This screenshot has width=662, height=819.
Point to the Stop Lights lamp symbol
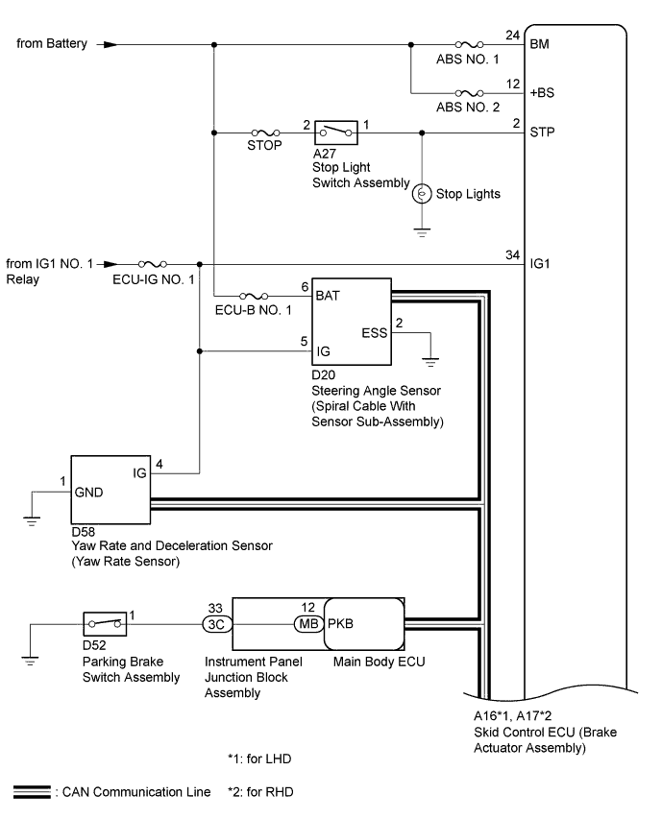pos(421,194)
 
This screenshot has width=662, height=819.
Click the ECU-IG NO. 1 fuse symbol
pos(153,263)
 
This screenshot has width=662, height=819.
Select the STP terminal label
pos(541,132)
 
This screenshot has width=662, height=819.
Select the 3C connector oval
pos(214,623)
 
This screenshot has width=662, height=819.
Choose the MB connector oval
pos(307,623)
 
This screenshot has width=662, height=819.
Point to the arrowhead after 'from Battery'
pos(110,44)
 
